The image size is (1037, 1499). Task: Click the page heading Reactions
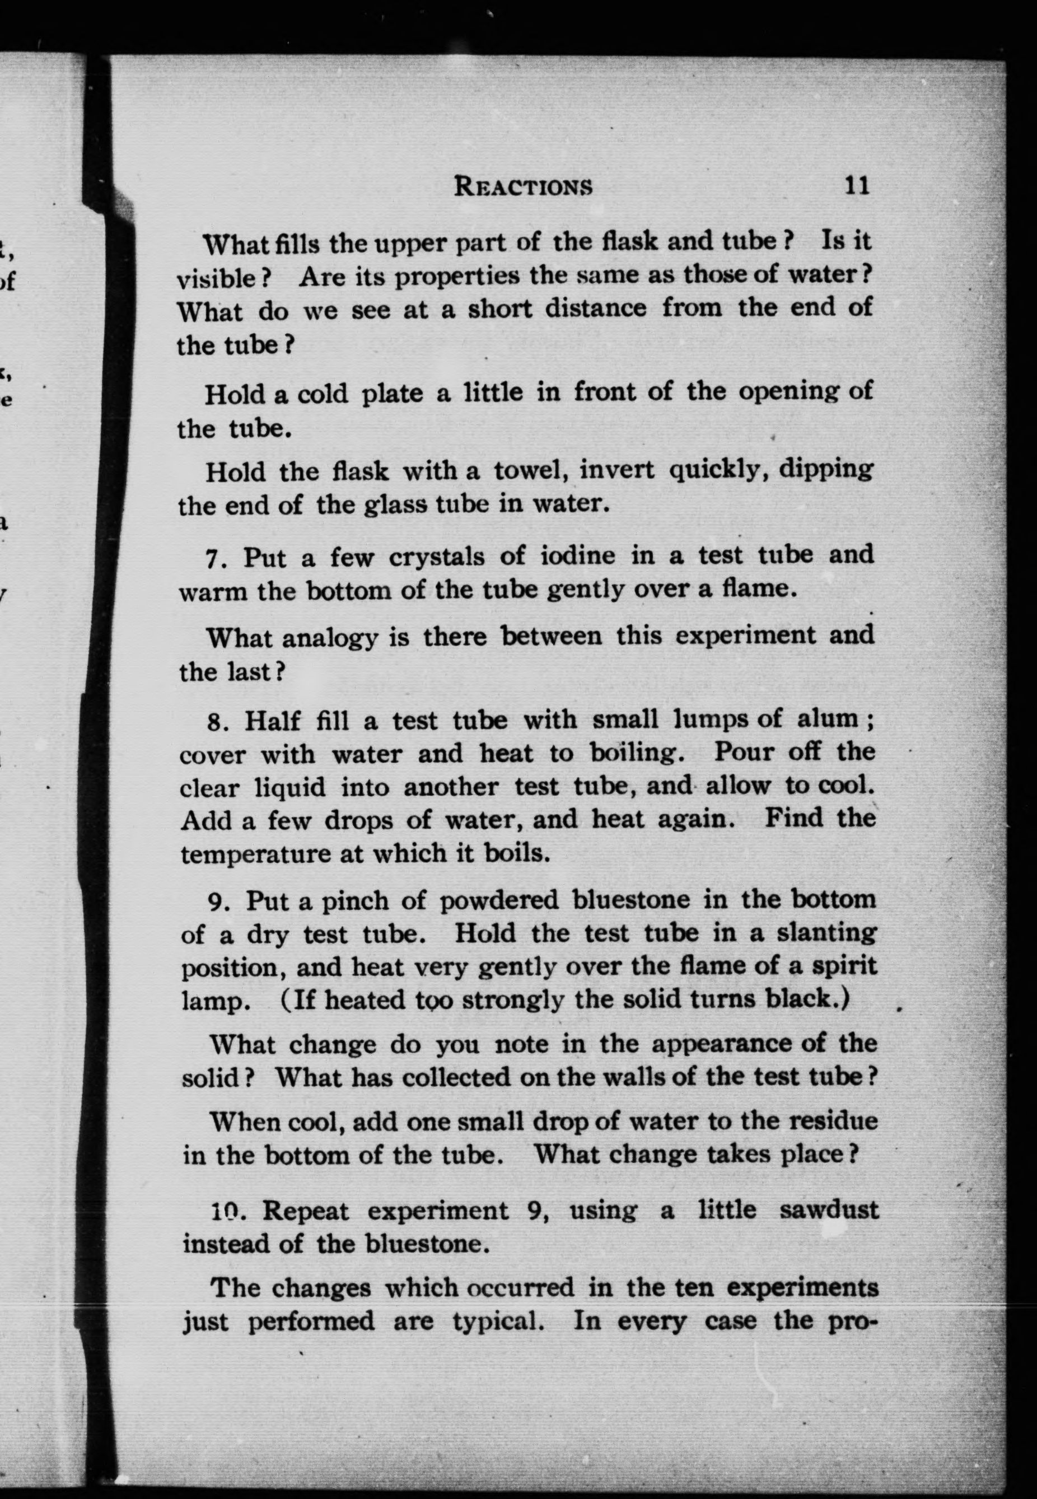(523, 186)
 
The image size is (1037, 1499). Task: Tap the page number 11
(856, 186)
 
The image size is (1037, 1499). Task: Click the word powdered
(498, 900)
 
